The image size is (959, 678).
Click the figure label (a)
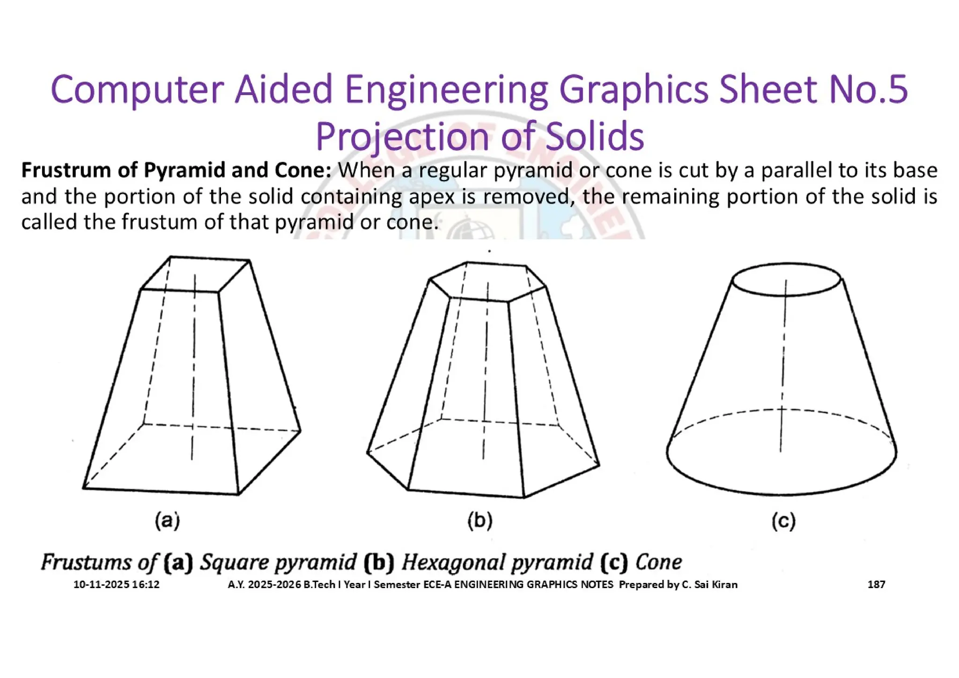167,521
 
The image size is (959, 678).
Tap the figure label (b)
479,521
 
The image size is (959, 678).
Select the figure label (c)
783,521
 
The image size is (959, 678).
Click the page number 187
876,584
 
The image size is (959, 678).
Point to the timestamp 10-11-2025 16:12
116,584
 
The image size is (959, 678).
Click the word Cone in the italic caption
658,562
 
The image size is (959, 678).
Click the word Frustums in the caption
86,562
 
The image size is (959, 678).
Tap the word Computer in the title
137,89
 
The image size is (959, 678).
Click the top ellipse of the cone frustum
787,280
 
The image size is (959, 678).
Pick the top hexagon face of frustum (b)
487,280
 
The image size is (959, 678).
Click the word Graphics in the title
634,89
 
